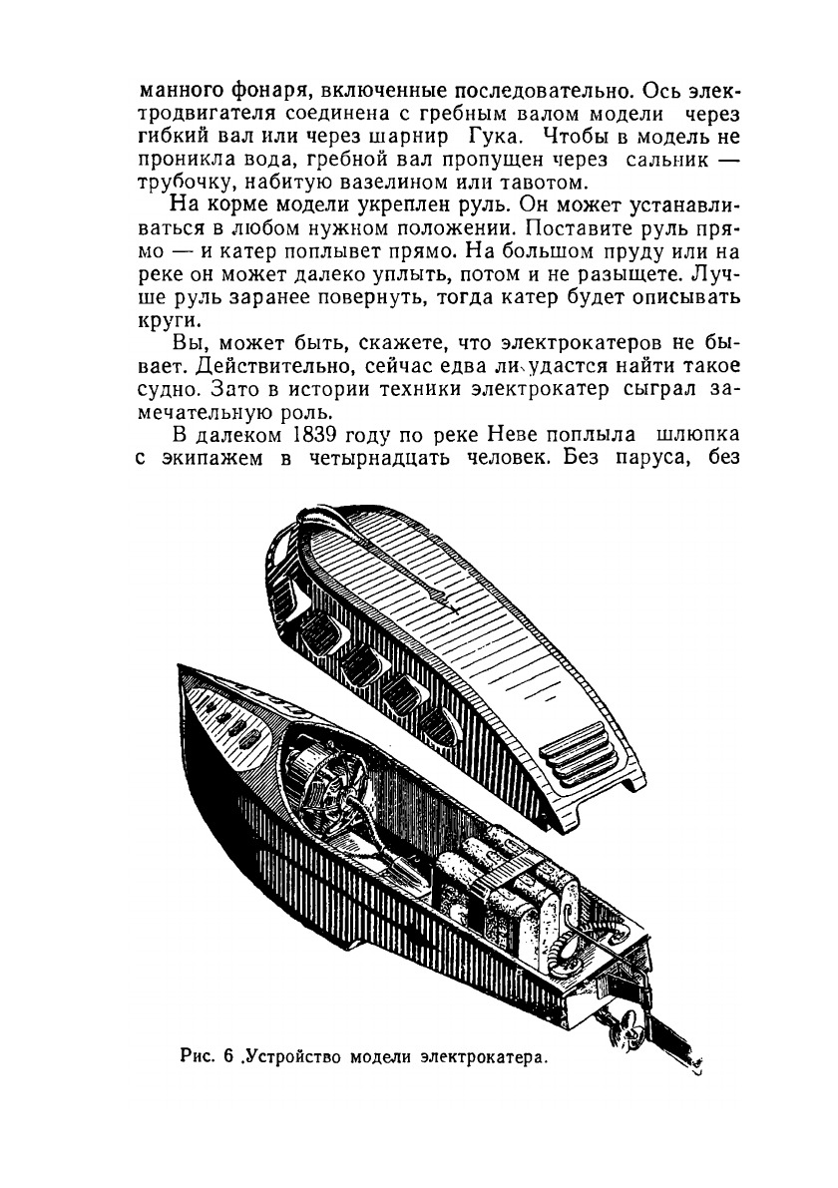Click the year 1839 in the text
click(x=320, y=436)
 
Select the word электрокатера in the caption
click(x=484, y=1055)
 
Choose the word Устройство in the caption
click(x=294, y=1055)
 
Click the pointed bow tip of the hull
click(x=182, y=666)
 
